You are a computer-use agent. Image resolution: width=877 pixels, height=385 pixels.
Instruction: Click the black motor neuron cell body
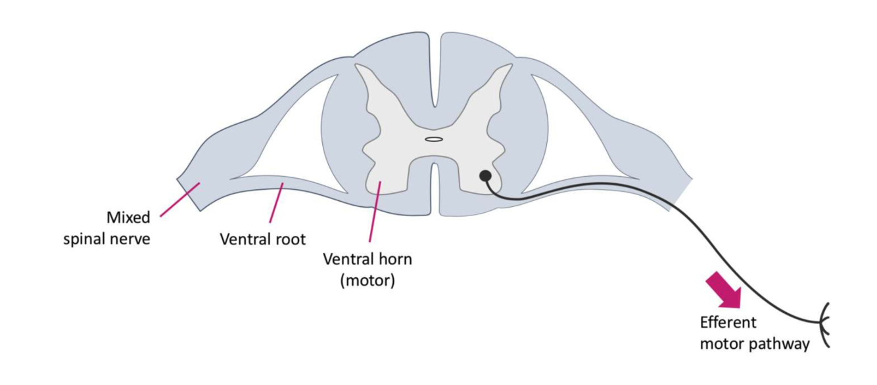(x=485, y=175)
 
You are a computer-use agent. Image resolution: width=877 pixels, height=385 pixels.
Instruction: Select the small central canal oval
(x=433, y=139)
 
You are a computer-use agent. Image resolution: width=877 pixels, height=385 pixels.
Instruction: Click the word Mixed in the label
(x=129, y=217)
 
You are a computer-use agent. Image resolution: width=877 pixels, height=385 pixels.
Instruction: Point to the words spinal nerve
(x=107, y=238)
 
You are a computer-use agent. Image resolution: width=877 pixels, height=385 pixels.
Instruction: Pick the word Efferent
(x=728, y=323)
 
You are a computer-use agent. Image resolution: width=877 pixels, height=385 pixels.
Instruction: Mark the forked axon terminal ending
(x=826, y=323)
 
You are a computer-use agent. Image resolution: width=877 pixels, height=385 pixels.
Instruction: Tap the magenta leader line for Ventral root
(x=276, y=204)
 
